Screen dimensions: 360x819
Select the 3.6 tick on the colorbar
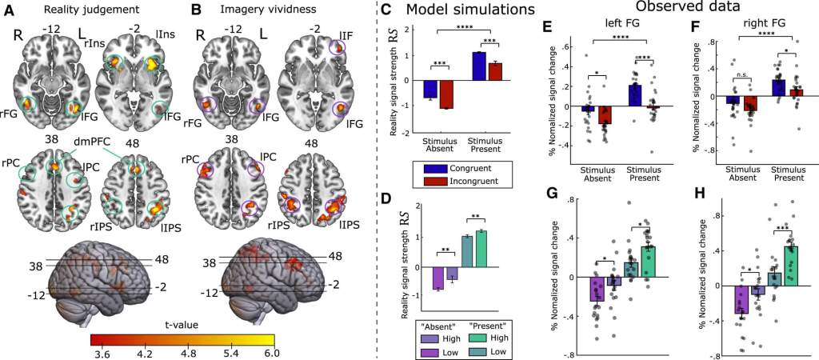pyautogui.click(x=101, y=350)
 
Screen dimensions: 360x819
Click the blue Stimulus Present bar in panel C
pyautogui.click(x=479, y=66)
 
